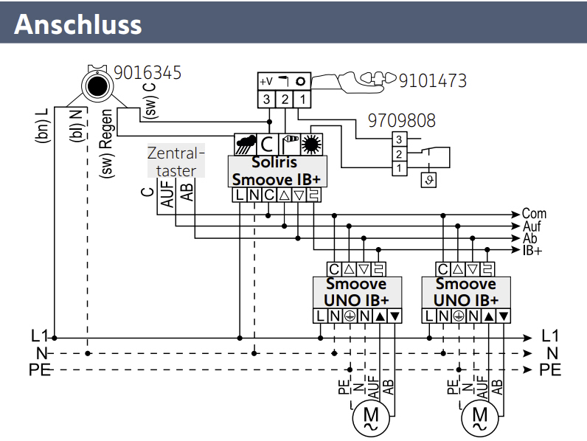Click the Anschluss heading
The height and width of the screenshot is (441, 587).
click(x=77, y=24)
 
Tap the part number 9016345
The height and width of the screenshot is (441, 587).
click(x=147, y=74)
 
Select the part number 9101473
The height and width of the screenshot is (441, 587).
click(x=432, y=80)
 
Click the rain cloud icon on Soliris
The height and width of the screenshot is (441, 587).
click(x=244, y=144)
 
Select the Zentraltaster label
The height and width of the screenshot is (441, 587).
click(x=176, y=162)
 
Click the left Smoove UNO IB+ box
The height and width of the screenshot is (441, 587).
click(x=356, y=292)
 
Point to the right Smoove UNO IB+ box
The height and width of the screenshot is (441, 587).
click(x=465, y=292)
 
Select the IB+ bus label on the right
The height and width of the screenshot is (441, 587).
click(x=532, y=251)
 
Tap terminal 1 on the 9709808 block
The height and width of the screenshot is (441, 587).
click(x=398, y=169)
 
